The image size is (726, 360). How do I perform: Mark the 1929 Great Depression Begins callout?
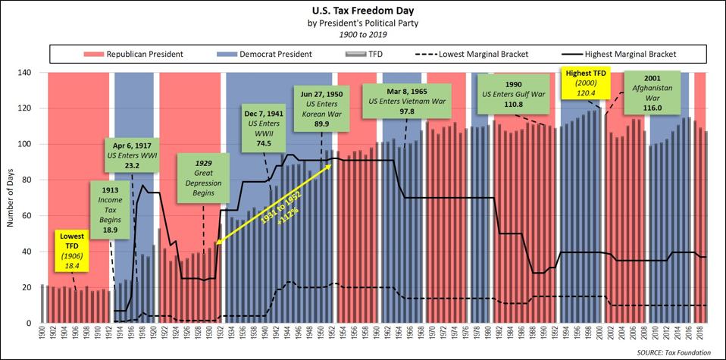(x=201, y=178)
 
